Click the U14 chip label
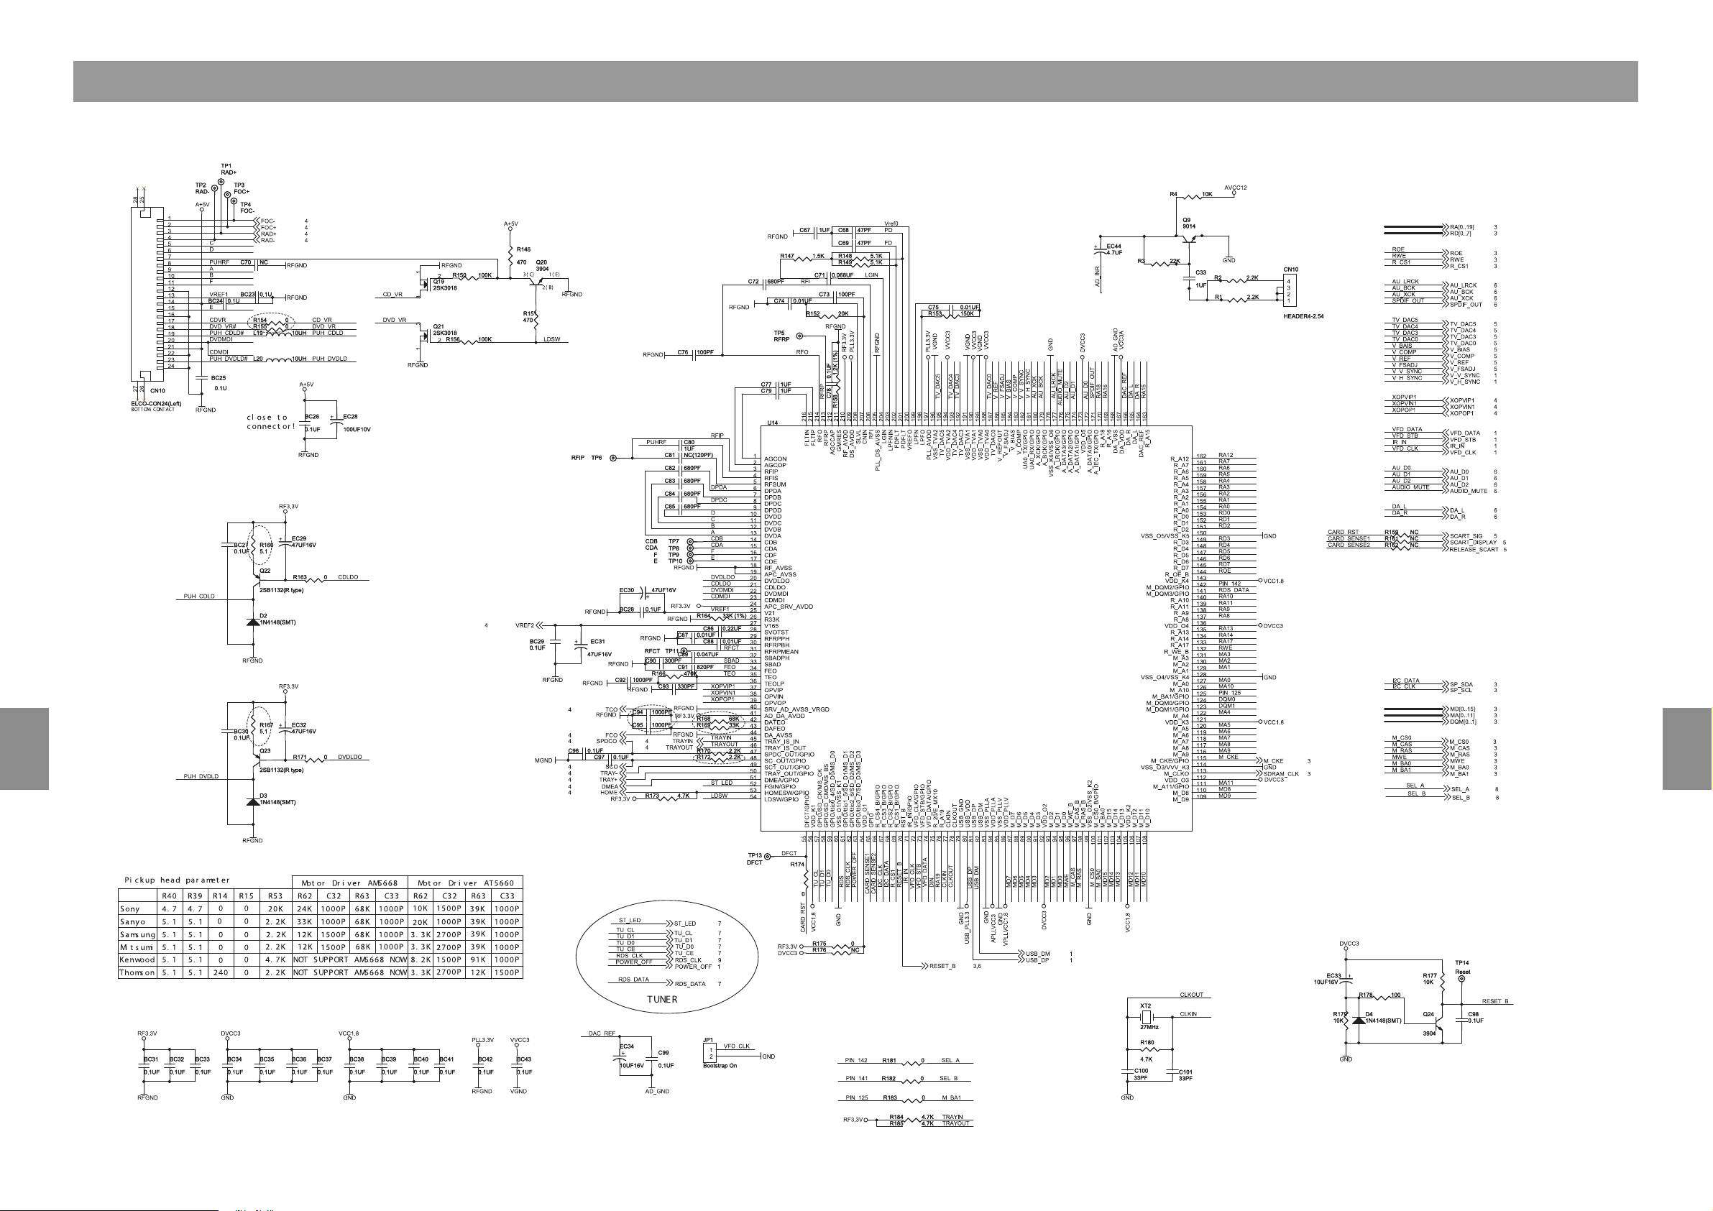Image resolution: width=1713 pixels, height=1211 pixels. [x=772, y=423]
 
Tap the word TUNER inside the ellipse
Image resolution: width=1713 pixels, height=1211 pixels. [x=662, y=999]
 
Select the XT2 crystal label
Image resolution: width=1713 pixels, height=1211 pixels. [x=1145, y=1005]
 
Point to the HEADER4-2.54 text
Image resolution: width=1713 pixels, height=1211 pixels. [x=1303, y=316]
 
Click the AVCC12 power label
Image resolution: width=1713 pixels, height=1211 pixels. [x=1235, y=188]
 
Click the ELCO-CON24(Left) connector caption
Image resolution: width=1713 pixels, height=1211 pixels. [x=156, y=404]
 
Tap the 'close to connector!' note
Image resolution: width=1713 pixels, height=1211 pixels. [x=270, y=422]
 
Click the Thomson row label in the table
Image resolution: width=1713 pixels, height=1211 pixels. [x=137, y=973]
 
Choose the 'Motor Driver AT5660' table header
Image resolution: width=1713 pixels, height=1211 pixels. [x=466, y=883]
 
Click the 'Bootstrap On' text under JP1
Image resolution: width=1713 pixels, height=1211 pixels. [x=720, y=1066]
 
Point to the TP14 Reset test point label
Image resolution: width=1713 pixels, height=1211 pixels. [x=1461, y=967]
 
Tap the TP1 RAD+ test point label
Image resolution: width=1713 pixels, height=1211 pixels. [x=228, y=169]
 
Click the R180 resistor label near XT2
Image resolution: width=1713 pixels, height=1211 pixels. [x=1147, y=1042]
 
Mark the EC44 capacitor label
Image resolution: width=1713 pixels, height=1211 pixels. [x=1114, y=249]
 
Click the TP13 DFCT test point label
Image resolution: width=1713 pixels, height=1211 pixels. [x=755, y=859]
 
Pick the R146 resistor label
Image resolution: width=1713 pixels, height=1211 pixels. [x=523, y=249]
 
